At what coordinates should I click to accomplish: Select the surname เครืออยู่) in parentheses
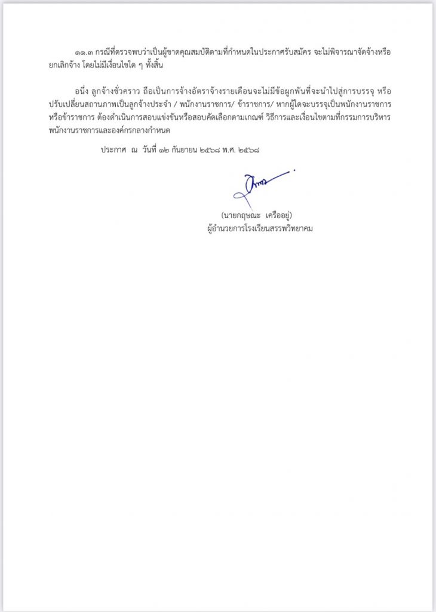tap(280, 215)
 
